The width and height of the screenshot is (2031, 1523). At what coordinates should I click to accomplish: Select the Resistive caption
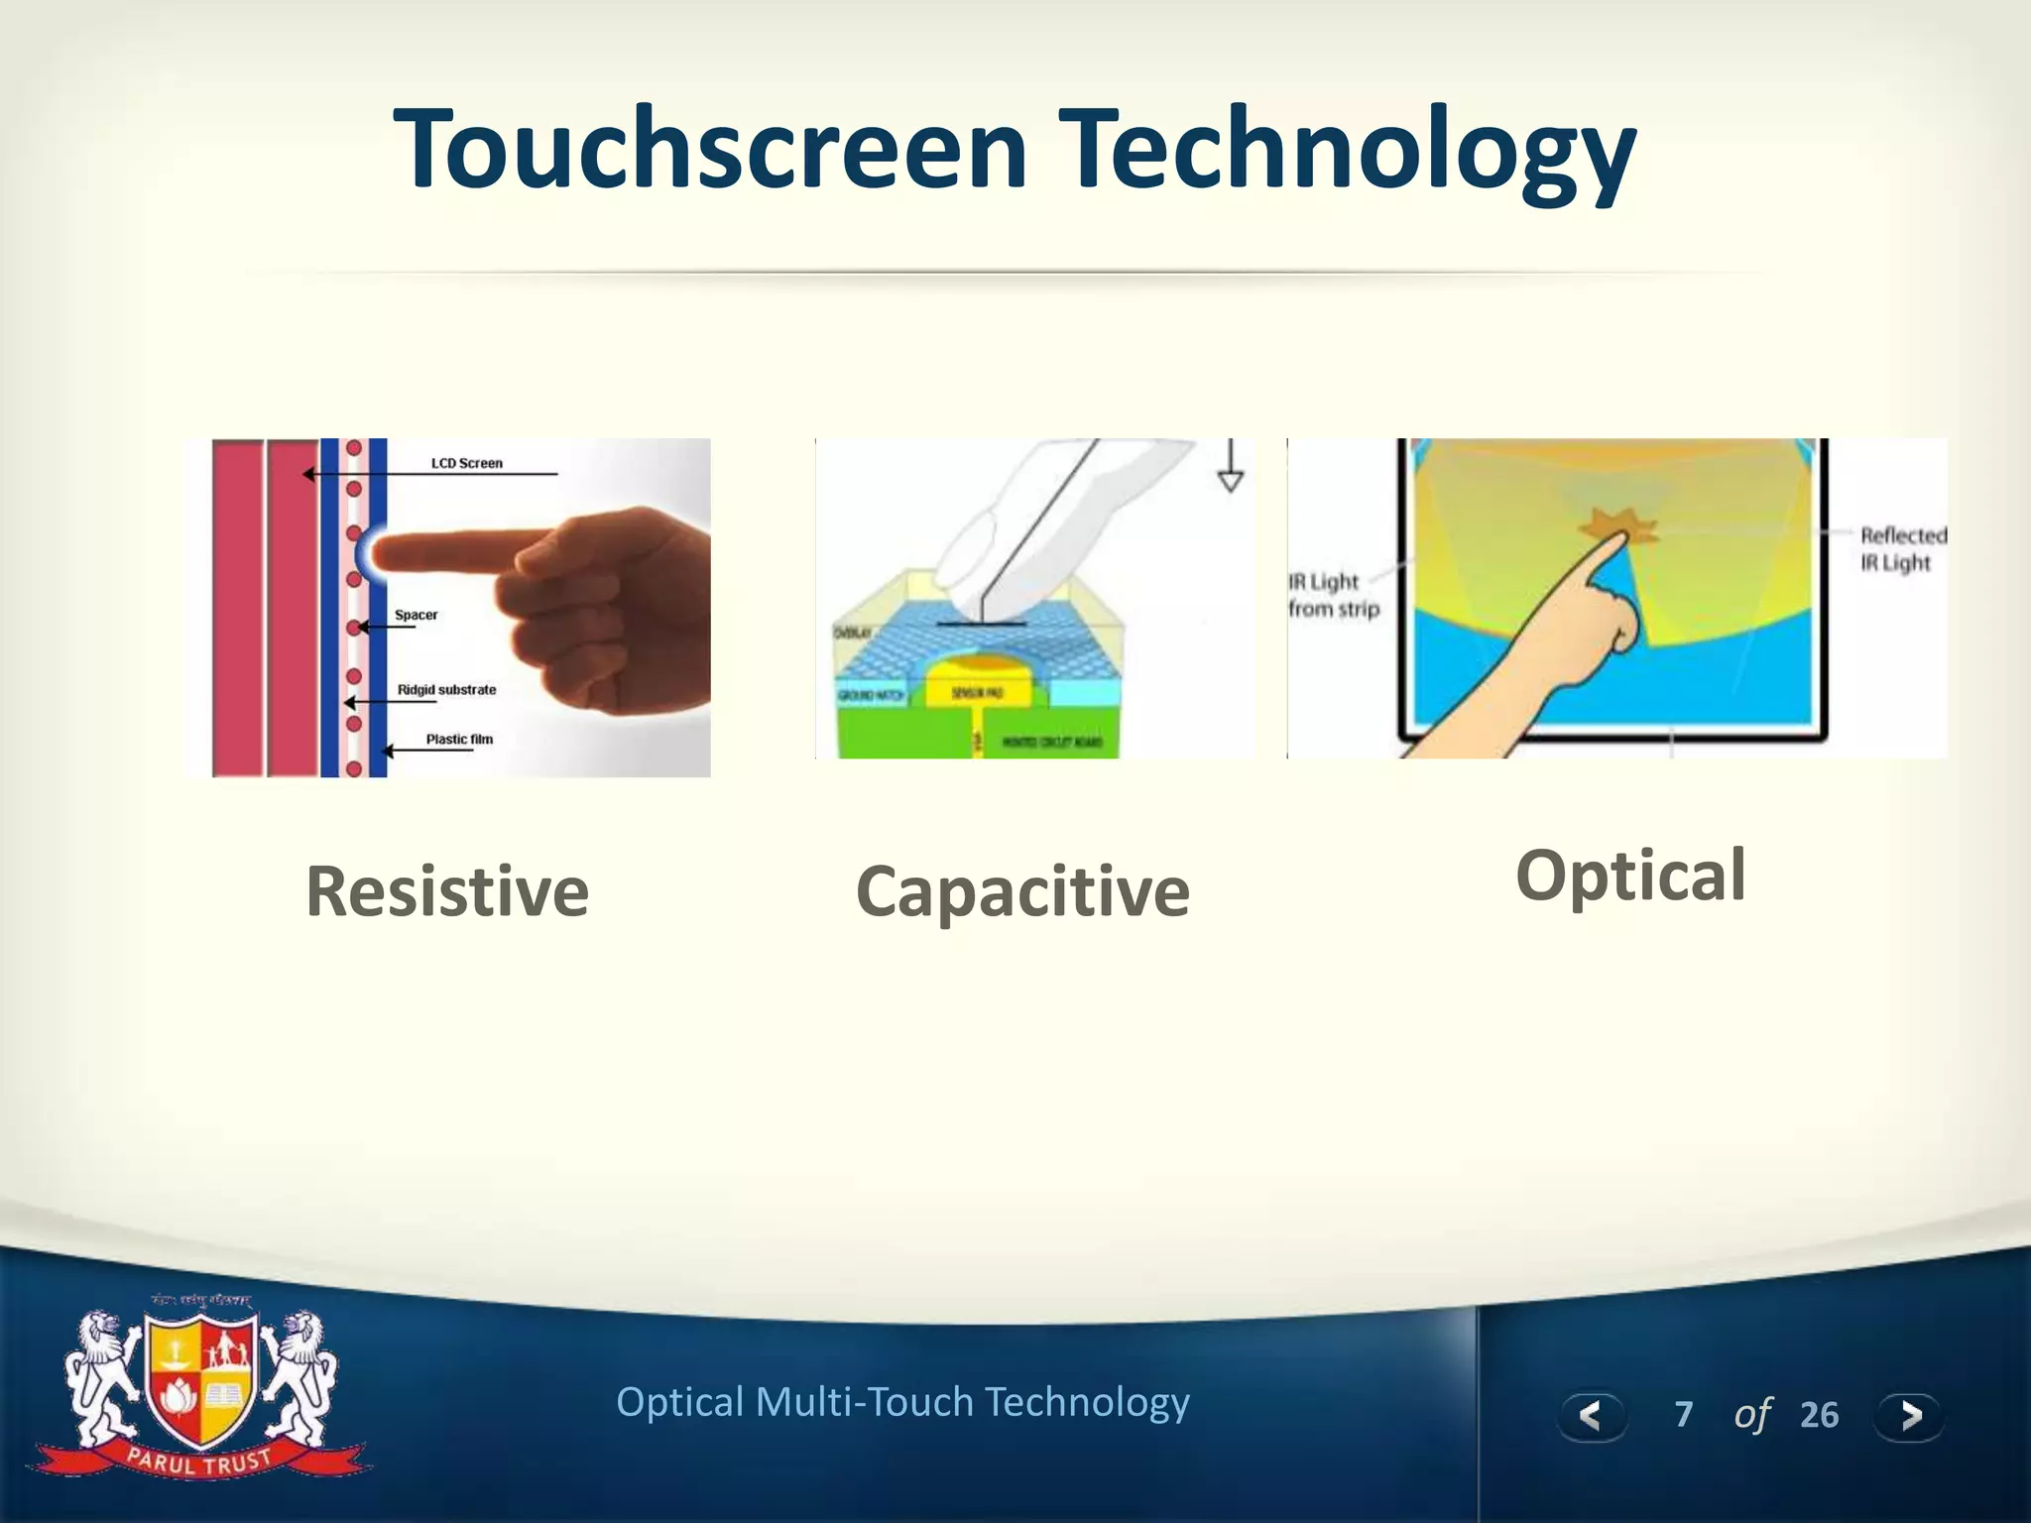[x=447, y=890]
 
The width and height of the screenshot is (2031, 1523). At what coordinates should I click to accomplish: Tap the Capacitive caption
[x=1022, y=890]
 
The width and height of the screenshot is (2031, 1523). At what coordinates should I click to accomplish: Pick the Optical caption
[x=1630, y=876]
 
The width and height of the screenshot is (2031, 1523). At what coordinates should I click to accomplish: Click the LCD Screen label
[x=466, y=463]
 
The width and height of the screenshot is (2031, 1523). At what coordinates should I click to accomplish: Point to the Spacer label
[x=416, y=615]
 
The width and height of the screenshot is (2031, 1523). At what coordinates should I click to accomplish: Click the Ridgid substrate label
[x=446, y=689]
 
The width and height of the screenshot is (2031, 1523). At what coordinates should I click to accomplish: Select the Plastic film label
[x=459, y=739]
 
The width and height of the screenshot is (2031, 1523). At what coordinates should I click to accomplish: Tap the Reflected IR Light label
[x=1901, y=548]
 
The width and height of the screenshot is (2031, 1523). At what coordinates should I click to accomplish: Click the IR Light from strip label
[x=1332, y=595]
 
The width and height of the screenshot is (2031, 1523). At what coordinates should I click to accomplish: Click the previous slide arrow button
[x=1591, y=1415]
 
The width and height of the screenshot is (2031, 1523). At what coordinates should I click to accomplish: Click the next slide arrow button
[x=1910, y=1415]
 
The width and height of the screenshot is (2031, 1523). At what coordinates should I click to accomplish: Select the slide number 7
[x=1683, y=1415]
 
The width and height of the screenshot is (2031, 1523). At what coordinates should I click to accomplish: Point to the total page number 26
[x=1819, y=1415]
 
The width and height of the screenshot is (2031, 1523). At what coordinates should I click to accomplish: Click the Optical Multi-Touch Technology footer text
[x=902, y=1402]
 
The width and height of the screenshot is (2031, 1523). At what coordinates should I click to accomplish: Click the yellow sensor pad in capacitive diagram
[x=977, y=690]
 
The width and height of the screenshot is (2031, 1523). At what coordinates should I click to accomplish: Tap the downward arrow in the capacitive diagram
[x=1230, y=468]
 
